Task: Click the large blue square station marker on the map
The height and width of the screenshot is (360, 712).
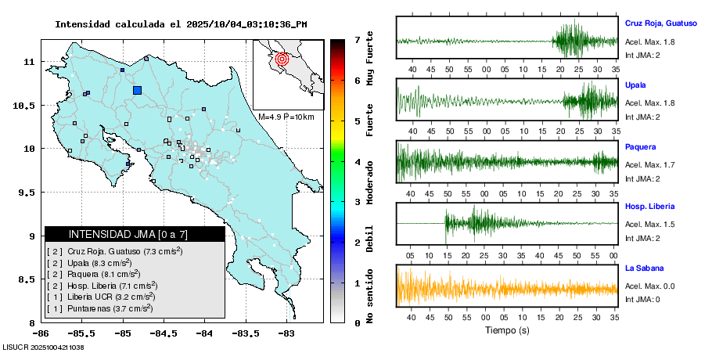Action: click(138, 90)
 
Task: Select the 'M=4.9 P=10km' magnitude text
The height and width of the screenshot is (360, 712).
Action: click(286, 117)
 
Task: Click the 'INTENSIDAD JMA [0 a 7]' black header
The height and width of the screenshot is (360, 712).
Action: click(135, 234)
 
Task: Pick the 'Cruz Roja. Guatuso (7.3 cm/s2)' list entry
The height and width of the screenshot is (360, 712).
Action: click(115, 251)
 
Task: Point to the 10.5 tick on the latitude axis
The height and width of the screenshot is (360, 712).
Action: click(27, 105)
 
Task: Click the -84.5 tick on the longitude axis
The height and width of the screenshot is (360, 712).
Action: click(164, 332)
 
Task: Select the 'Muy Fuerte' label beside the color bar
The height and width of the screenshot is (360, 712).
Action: click(370, 62)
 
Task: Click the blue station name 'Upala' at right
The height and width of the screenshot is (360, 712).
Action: click(635, 85)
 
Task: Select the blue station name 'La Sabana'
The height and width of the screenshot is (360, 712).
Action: click(645, 268)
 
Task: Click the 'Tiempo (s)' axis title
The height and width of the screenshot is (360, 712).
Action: click(506, 330)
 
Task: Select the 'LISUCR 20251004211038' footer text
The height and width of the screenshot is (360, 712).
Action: click(44, 346)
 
